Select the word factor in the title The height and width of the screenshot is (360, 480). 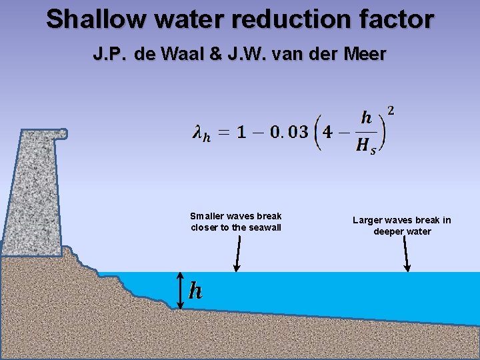(x=398, y=19)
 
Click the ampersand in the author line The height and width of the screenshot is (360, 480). (x=219, y=54)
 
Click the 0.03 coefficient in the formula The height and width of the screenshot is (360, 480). (x=285, y=132)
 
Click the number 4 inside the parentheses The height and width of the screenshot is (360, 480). (x=327, y=132)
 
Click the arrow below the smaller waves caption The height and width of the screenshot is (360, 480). (x=237, y=253)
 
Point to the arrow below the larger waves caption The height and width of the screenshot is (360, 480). (x=407, y=254)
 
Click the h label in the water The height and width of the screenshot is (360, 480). (x=195, y=291)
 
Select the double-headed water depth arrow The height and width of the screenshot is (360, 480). (x=179, y=291)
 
